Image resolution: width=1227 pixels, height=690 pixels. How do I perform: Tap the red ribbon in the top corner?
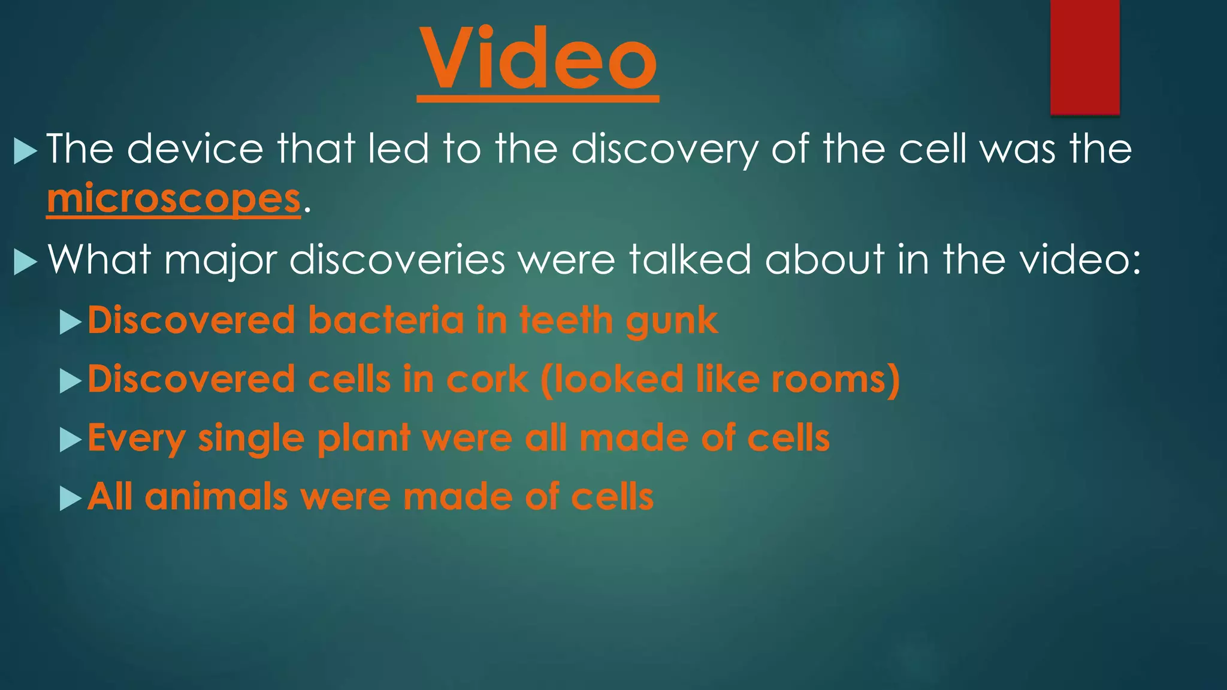tap(1084, 57)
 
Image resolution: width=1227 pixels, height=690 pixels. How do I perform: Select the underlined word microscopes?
tap(174, 199)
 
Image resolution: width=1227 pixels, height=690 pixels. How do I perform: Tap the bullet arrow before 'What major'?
tap(25, 262)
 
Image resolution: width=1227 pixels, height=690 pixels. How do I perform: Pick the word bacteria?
tap(386, 320)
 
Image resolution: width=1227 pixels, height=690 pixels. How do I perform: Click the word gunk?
tap(672, 321)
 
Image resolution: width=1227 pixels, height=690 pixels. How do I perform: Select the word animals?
tap(216, 497)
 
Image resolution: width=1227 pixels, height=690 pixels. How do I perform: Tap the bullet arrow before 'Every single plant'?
tap(70, 440)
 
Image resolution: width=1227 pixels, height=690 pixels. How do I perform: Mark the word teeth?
tap(565, 320)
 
